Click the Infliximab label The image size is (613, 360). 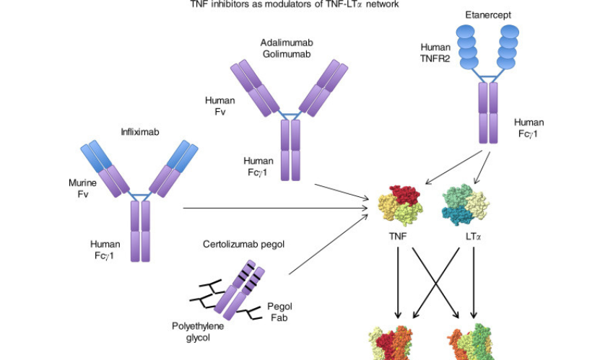pyautogui.click(x=139, y=132)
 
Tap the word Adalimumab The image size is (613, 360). pyautogui.click(x=288, y=43)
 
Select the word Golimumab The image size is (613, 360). pyautogui.click(x=288, y=54)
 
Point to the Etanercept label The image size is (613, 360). pyautogui.click(x=485, y=14)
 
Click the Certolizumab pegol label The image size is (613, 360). pyautogui.click(x=244, y=244)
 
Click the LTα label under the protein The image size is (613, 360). pyautogui.click(x=474, y=236)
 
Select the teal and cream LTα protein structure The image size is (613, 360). pyautogui.click(x=466, y=204)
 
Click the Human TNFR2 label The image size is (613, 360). pyautogui.click(x=435, y=53)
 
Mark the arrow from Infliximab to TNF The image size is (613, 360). pyautogui.click(x=274, y=208)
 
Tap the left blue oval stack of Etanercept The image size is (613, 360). pyautogui.click(x=466, y=47)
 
